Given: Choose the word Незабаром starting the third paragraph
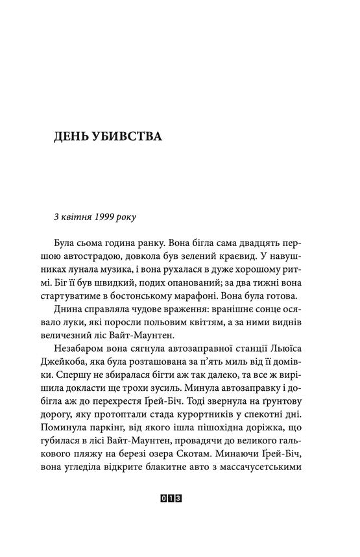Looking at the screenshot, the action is [81, 360].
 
